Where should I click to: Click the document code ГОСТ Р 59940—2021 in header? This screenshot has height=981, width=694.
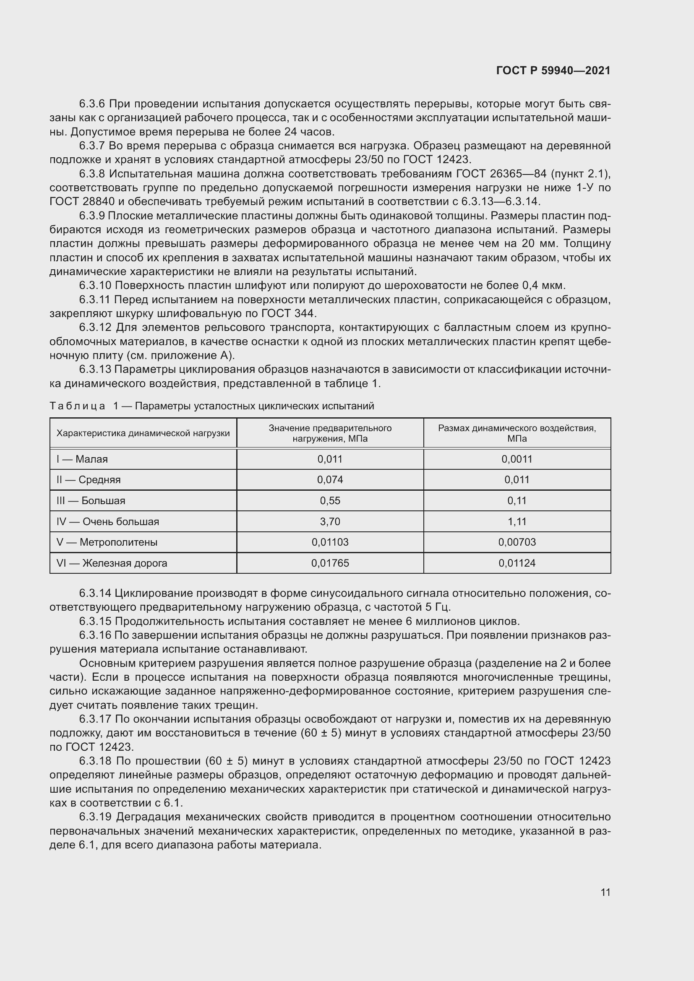[x=553, y=70]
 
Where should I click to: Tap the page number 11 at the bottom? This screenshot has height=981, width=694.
[x=605, y=892]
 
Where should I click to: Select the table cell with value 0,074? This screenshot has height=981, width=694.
[x=330, y=480]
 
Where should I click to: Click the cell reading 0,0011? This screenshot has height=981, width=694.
[x=517, y=459]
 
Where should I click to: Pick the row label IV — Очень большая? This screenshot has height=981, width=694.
[x=108, y=522]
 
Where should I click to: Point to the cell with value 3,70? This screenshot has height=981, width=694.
[x=330, y=522]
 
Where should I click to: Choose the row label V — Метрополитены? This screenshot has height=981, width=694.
[x=107, y=542]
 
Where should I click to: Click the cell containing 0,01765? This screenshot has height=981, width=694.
[x=330, y=563]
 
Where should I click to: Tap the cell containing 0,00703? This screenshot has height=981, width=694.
[x=517, y=542]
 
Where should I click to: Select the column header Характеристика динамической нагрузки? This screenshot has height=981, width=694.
[x=143, y=433]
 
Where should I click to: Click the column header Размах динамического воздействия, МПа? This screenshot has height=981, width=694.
[x=517, y=433]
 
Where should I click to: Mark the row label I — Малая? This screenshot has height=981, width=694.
[x=82, y=459]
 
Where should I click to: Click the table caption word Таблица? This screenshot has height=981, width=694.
[x=77, y=406]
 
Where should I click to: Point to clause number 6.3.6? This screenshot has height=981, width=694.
[x=92, y=104]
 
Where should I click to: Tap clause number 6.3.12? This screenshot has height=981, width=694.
[x=95, y=328]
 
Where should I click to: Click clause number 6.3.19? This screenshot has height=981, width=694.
[x=95, y=817]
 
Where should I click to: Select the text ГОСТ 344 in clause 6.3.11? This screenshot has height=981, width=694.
[x=288, y=314]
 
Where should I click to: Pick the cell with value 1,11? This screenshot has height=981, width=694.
[x=517, y=522]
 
